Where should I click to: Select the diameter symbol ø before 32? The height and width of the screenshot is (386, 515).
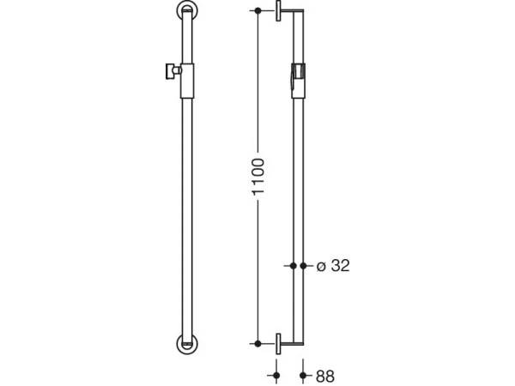pyautogui.click(x=320, y=268)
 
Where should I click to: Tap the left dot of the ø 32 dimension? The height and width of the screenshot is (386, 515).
pyautogui.click(x=293, y=267)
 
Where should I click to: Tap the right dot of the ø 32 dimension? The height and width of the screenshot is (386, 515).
pyautogui.click(x=303, y=267)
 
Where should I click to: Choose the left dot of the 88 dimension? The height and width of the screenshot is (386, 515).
pyautogui.click(x=276, y=375)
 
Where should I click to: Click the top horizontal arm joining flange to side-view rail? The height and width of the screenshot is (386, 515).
pyautogui.click(x=290, y=11)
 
